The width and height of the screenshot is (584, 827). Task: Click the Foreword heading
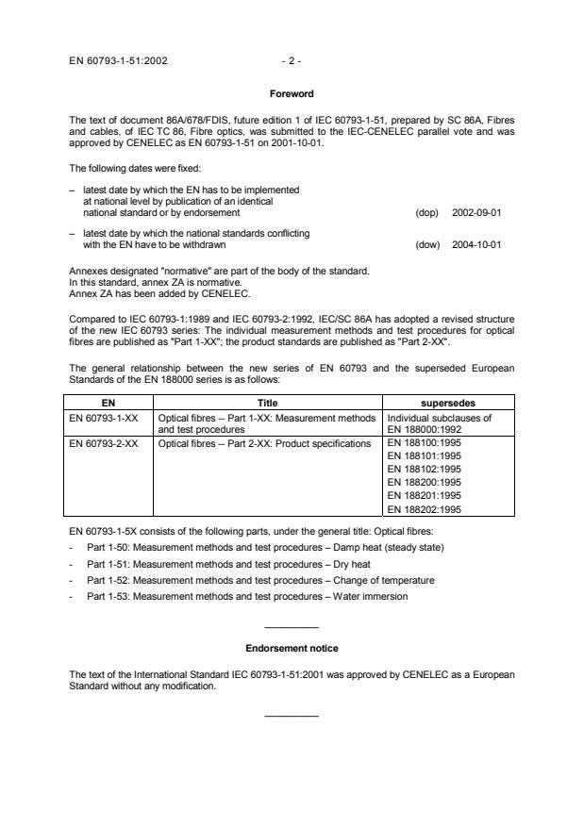pos(292,94)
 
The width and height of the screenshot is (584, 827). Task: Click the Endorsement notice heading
pos(292,649)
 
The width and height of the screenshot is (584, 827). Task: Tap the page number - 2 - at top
pos(292,60)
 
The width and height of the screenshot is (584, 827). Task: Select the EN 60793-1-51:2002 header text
pos(120,60)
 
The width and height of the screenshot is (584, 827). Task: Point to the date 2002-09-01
pos(478,212)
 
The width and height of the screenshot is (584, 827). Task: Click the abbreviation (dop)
pos(426,212)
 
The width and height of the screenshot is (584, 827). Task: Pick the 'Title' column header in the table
pos(268,403)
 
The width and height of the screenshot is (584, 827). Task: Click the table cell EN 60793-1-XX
pos(107,416)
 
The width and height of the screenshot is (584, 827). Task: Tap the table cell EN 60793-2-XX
pos(107,441)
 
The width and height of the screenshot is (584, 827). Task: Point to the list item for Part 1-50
pos(241,548)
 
